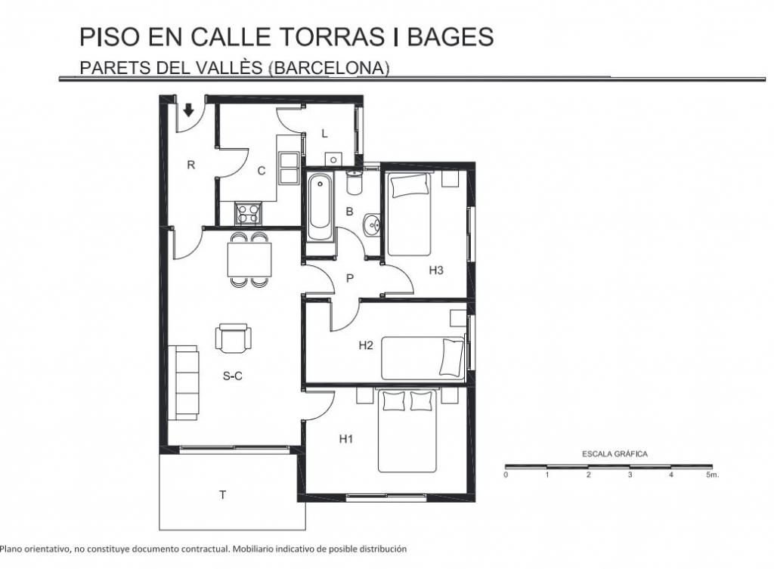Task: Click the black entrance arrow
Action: click(x=188, y=110)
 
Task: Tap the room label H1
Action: click(x=346, y=439)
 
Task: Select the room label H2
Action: click(x=366, y=345)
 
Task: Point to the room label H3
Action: click(x=436, y=270)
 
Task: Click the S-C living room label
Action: click(x=233, y=376)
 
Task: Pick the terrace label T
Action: click(x=223, y=494)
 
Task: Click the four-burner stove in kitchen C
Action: click(x=248, y=213)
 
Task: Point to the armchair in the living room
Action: click(x=234, y=338)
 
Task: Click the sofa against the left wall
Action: click(x=184, y=382)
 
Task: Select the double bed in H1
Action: click(x=407, y=430)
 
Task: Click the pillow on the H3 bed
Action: click(x=410, y=185)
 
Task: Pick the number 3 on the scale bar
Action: click(x=630, y=475)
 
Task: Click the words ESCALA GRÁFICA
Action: click(x=615, y=454)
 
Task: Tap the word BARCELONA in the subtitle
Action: click(x=330, y=67)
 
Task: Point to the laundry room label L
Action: click(x=324, y=134)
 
